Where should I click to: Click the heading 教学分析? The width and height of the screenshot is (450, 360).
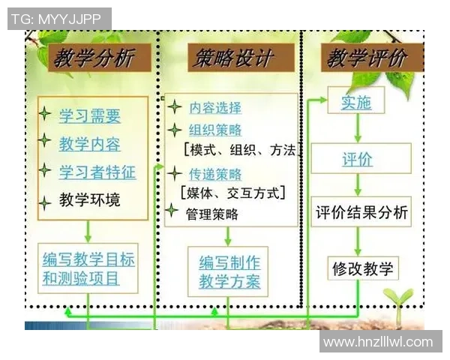[92, 58]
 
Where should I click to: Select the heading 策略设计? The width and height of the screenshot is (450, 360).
[231, 58]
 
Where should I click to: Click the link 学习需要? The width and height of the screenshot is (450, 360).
[90, 116]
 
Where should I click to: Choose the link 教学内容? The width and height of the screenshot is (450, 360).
[90, 144]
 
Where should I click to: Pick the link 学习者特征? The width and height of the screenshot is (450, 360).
[97, 172]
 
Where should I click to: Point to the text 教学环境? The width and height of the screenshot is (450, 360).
[90, 200]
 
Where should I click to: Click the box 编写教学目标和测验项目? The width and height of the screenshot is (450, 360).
[89, 269]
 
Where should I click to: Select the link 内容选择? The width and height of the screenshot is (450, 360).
[215, 107]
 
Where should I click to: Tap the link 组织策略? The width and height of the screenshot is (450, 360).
[215, 129]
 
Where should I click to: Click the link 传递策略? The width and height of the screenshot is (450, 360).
[215, 174]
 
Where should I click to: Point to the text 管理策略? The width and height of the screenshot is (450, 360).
[211, 214]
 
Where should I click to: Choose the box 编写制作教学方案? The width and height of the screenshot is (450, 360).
[229, 271]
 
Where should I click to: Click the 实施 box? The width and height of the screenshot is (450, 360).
[357, 103]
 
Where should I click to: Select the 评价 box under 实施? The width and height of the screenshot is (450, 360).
[358, 159]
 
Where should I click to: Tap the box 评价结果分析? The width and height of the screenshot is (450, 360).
[361, 212]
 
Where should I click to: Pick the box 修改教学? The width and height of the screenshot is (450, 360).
[361, 268]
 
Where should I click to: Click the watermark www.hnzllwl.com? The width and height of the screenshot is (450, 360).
[378, 342]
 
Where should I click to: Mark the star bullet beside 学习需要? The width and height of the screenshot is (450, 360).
[45, 115]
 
